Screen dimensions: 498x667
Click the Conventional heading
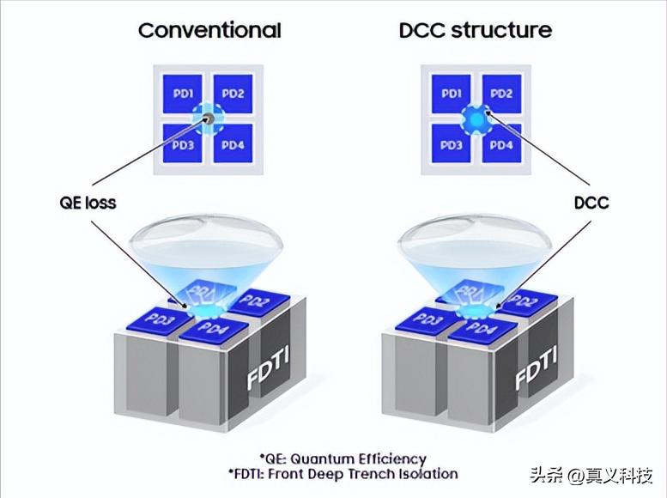[209, 31]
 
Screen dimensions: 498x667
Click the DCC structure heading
[476, 31]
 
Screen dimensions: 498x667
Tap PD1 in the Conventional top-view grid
[183, 93]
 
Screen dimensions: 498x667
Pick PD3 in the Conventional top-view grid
[183, 143]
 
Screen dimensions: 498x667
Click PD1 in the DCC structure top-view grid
[453, 93]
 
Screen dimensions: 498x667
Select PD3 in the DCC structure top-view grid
[453, 143]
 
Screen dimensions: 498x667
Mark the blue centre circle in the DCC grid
[476, 118]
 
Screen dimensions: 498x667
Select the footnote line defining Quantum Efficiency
[343, 459]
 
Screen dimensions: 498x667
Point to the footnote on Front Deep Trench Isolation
[343, 474]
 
